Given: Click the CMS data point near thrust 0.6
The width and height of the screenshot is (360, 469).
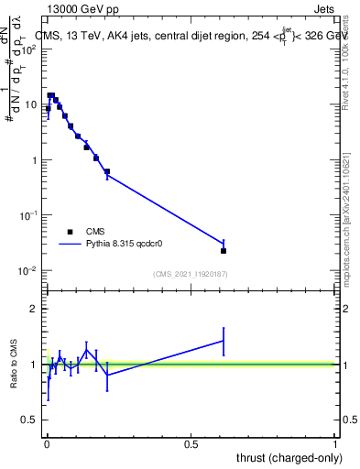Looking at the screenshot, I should tap(224, 250).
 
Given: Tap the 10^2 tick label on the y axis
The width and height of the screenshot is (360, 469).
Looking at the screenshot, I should tap(30, 49).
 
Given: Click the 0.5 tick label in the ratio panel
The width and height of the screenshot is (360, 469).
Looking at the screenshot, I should tap(29, 420).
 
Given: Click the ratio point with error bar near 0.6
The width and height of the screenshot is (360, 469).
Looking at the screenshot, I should tap(224, 341).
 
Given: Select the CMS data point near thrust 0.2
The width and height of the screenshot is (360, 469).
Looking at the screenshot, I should tap(107, 171).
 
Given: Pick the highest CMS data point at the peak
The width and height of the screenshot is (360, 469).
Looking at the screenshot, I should tap(51, 95).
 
